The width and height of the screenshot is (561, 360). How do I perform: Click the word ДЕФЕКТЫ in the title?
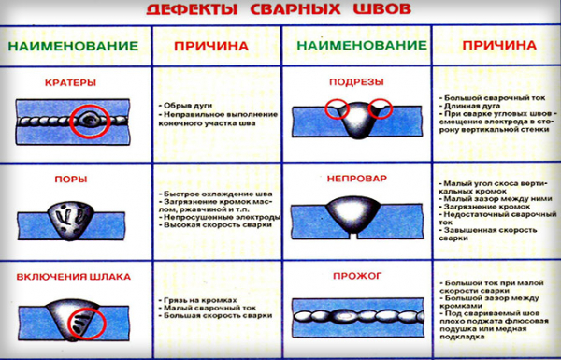click(x=192, y=12)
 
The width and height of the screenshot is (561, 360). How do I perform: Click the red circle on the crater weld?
click(x=92, y=120)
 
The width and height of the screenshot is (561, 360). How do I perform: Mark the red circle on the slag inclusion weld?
click(x=92, y=324)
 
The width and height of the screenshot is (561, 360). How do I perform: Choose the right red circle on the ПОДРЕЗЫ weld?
click(x=383, y=108)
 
